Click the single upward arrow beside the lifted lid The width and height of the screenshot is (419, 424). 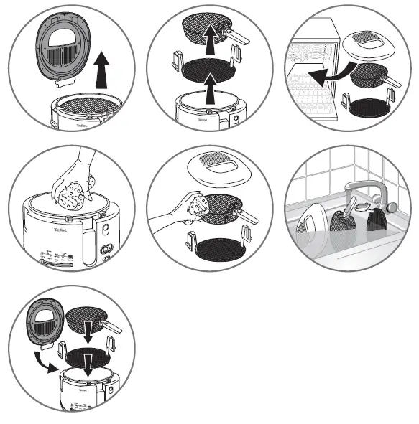point(102,70)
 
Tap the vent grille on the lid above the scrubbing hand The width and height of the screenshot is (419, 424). point(213,161)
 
